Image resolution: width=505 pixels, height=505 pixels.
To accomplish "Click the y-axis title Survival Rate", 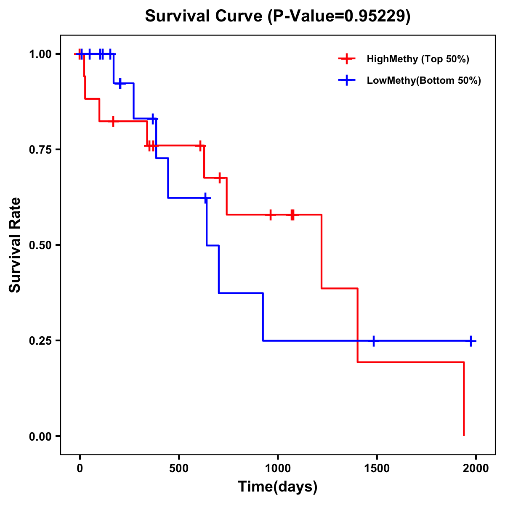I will [15, 245].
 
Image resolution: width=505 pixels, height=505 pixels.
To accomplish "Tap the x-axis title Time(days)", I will [278, 486].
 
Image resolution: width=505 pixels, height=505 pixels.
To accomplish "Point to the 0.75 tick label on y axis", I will [40, 149].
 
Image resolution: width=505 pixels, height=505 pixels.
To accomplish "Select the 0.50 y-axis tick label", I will [40, 245].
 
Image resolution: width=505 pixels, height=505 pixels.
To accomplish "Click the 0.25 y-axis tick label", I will [40, 340].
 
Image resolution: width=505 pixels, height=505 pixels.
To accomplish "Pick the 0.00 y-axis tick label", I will [40, 436].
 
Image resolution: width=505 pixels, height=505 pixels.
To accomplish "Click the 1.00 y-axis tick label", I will [40, 54].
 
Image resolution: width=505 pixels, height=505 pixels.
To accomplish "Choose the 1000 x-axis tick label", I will [278, 468].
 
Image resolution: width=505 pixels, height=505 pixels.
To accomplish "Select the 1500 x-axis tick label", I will [377, 468].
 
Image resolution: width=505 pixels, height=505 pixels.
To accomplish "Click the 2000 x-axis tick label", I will [476, 468].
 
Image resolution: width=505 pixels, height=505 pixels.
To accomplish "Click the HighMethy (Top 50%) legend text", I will [418, 59].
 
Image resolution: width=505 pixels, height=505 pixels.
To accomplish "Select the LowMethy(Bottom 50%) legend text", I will [424, 80].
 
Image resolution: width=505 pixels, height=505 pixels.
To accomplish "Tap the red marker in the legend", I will [347, 59].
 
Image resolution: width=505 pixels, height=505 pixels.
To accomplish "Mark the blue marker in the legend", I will [347, 80].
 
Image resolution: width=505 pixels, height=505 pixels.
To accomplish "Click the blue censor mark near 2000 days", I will [471, 341].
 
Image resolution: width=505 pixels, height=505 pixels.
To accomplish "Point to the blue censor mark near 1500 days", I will [373, 341].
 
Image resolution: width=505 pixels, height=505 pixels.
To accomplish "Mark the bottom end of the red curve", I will [464, 435].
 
